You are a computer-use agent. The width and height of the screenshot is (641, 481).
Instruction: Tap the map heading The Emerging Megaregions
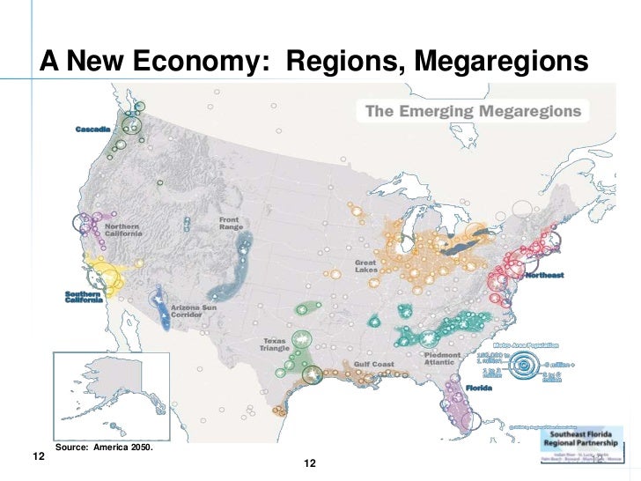[473, 111]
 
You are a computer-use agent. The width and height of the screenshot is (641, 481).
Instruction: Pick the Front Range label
[231, 223]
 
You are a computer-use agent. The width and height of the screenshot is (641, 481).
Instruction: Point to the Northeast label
[544, 276]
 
